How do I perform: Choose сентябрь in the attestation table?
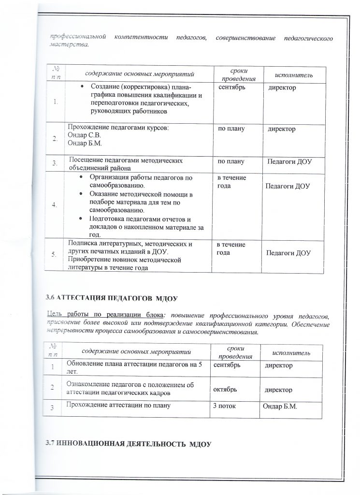click(230, 365)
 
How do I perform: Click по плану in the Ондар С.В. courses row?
click(232, 129)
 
